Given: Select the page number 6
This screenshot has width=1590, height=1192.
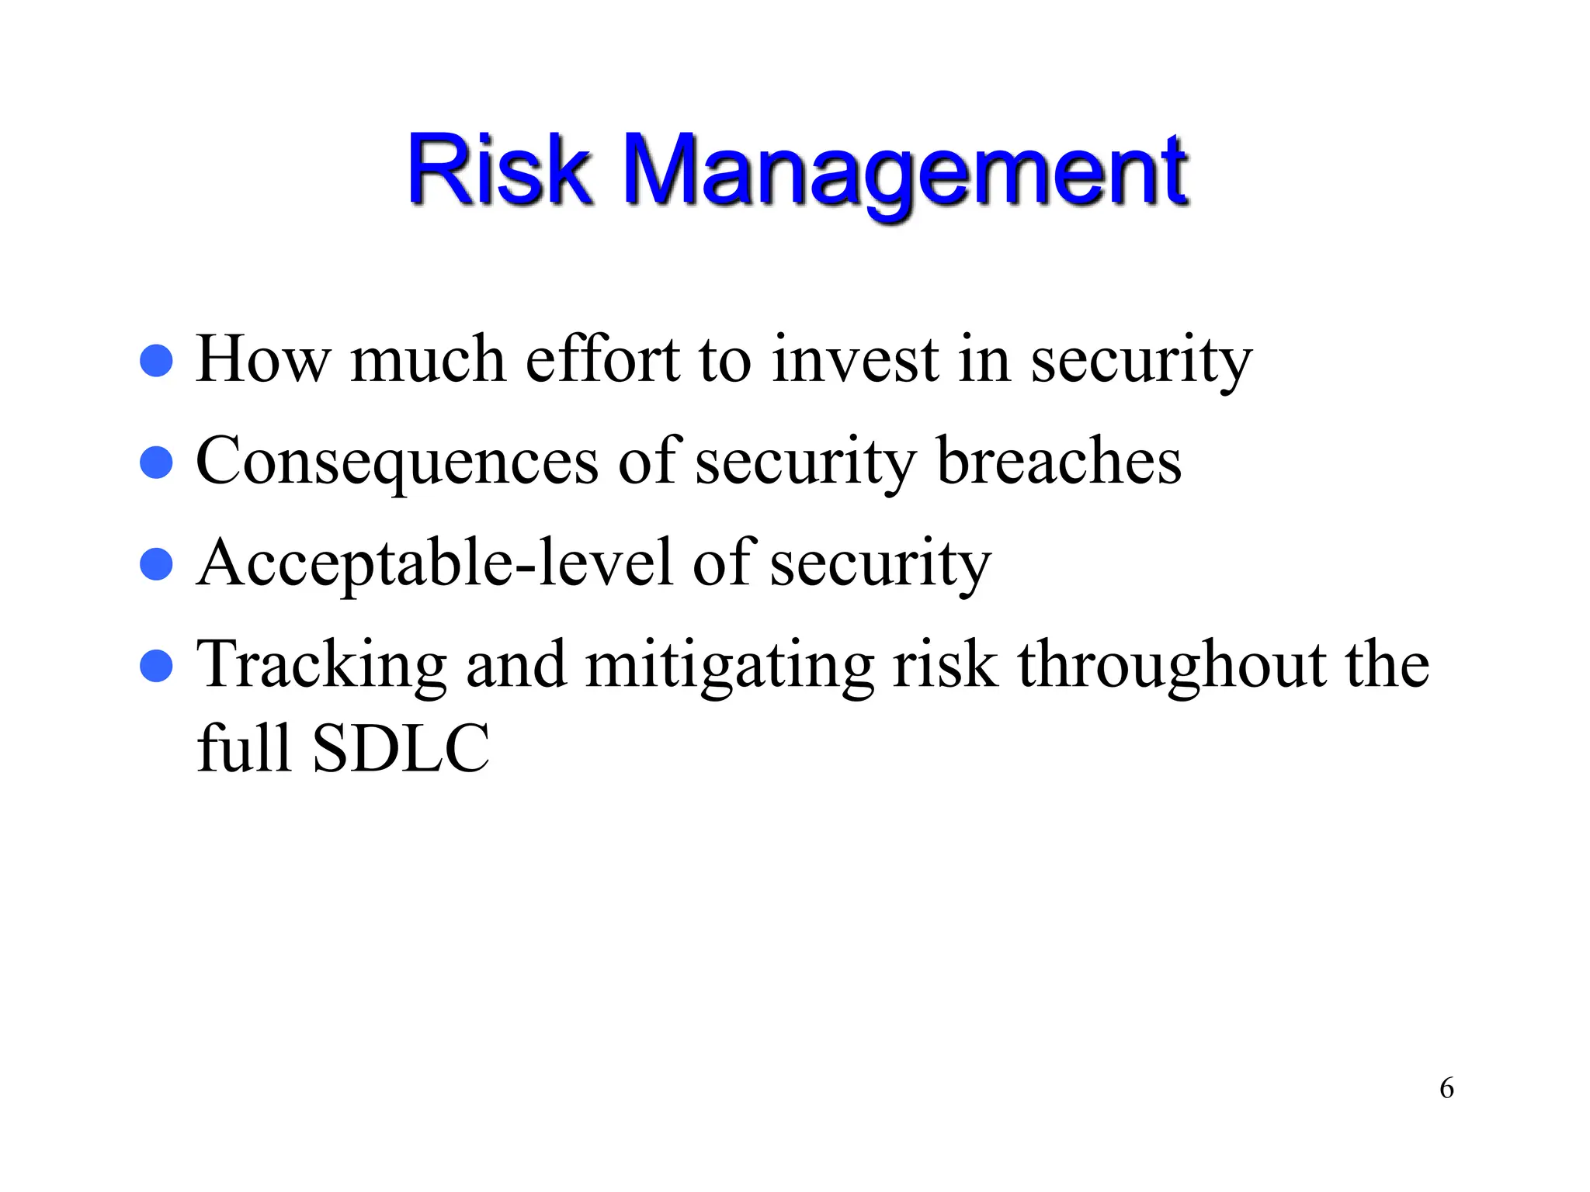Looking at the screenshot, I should [1446, 1088].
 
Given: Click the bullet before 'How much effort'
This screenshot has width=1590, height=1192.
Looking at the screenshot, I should [156, 361].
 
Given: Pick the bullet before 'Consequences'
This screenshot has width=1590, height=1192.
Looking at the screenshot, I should [156, 463].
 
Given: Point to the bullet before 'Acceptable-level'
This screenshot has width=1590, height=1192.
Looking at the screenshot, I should [156, 564].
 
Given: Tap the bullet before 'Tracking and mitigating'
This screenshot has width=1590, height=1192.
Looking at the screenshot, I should [156, 666].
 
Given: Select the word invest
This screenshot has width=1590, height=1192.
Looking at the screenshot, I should [855, 359].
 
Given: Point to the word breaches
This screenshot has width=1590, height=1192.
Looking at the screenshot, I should [1059, 461].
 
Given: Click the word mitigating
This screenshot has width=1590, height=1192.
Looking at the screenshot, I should [729, 666].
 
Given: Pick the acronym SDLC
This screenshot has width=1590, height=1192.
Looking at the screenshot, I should [401, 749].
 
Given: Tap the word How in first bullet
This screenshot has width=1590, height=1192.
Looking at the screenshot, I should [262, 359].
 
